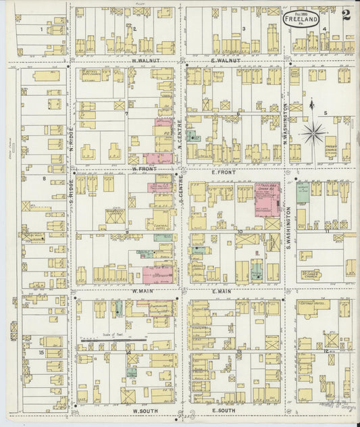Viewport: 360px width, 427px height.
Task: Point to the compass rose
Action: [x=313, y=132]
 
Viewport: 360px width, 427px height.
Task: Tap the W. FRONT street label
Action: [x=144, y=168]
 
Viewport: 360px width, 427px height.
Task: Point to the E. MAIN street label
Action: [x=222, y=291]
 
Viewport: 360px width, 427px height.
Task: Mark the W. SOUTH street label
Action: [x=144, y=410]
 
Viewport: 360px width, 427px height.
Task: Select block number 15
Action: [x=41, y=353]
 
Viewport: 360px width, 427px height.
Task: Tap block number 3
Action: [x=243, y=28]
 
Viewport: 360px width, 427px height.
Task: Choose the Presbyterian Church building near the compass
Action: [x=330, y=146]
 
